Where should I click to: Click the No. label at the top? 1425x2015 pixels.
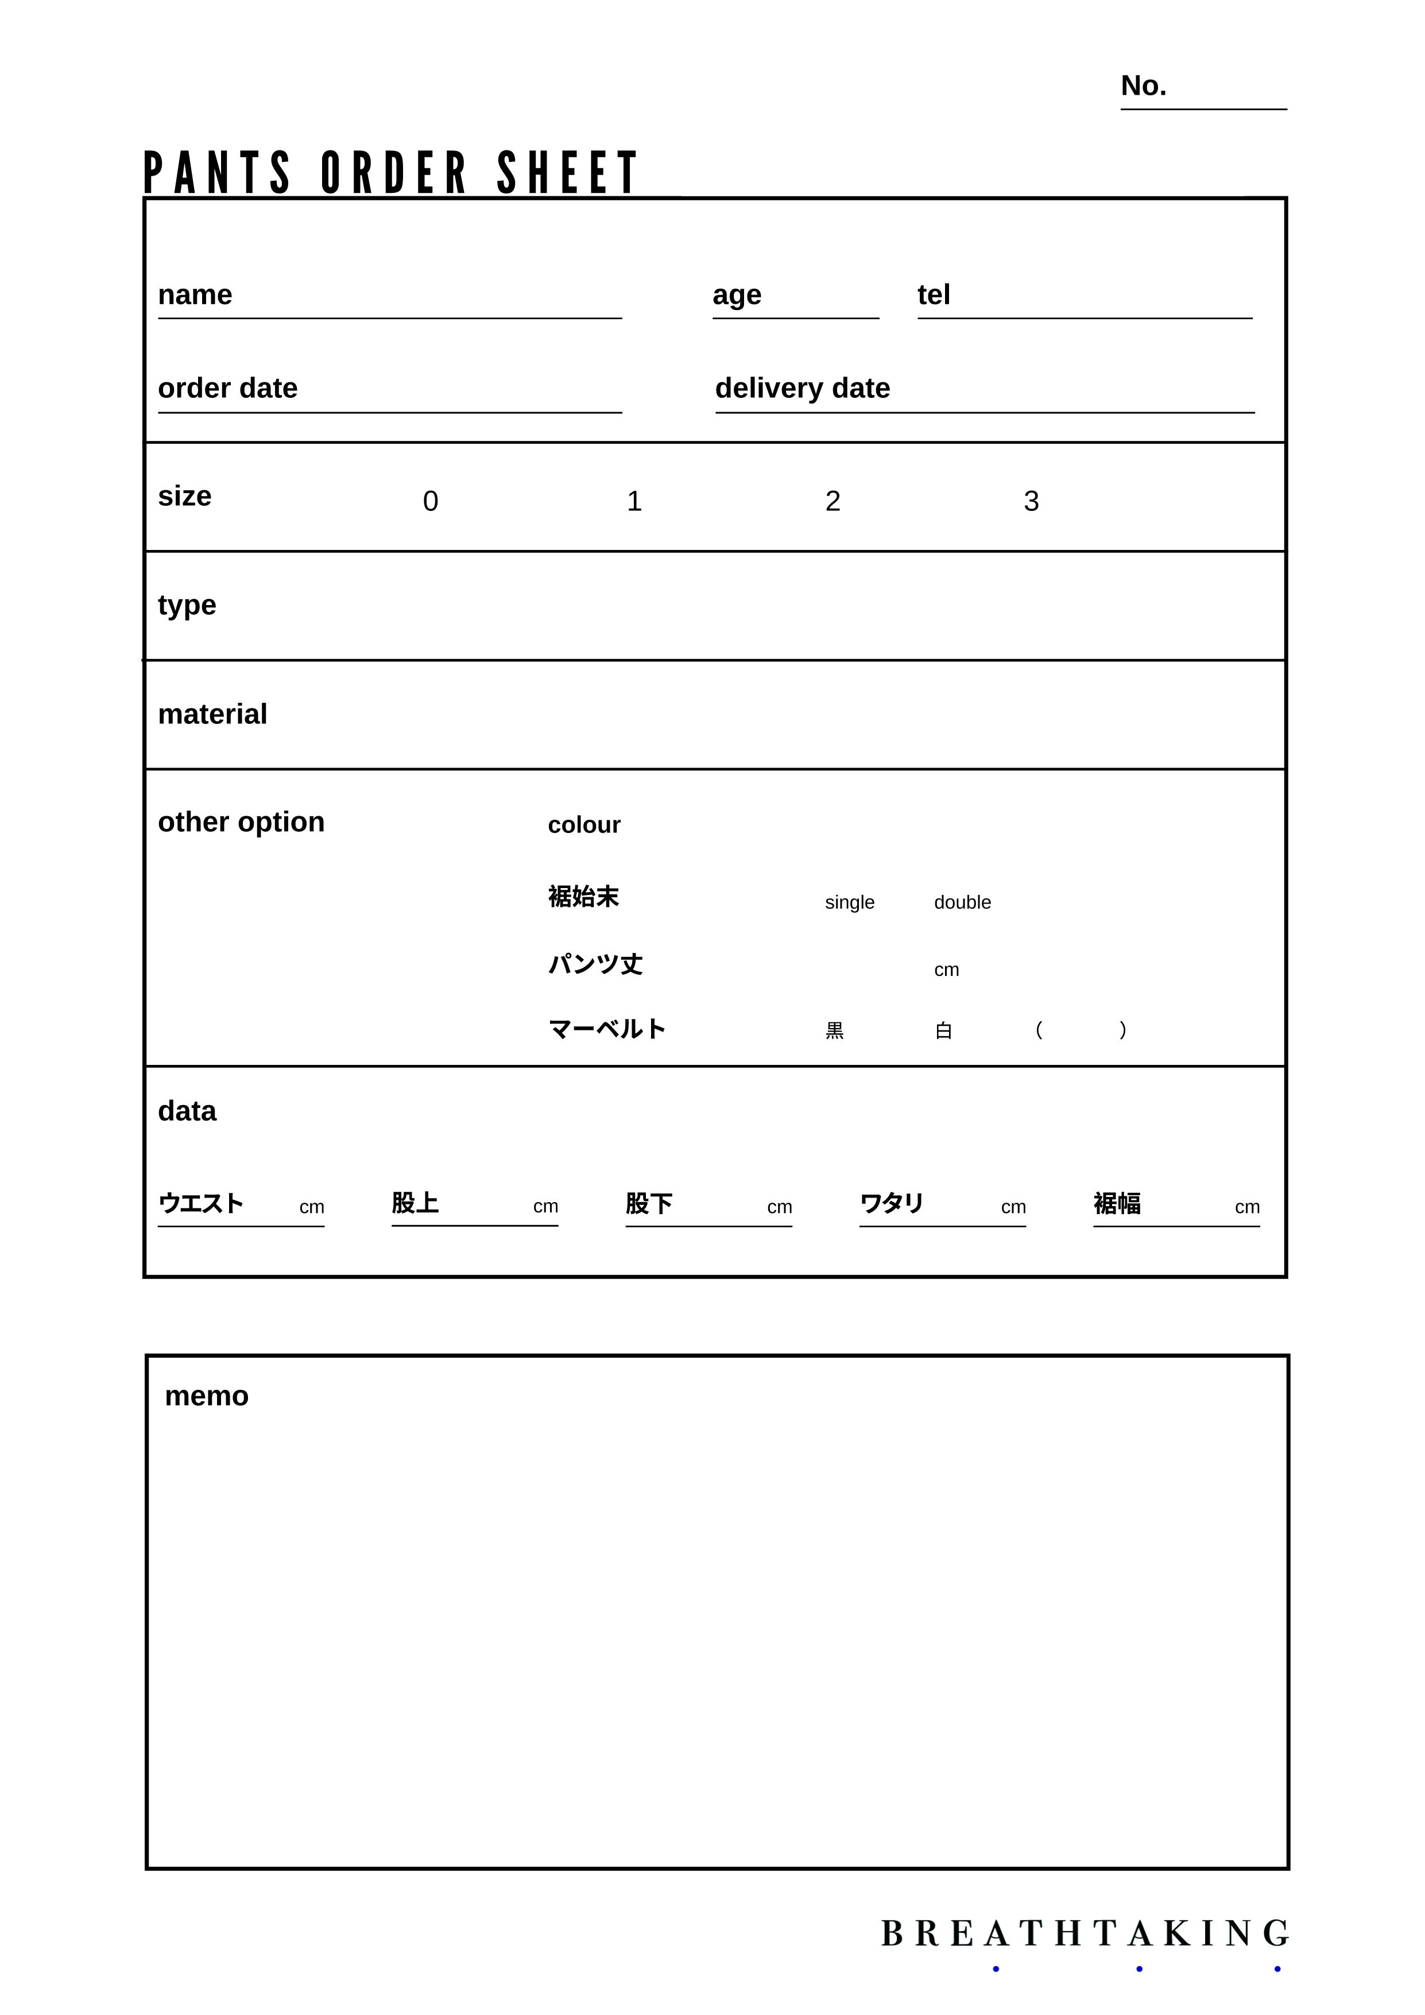[1143, 86]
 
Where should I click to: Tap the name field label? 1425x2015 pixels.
[195, 295]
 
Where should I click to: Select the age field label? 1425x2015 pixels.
[736, 296]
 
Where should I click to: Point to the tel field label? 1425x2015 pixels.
[933, 295]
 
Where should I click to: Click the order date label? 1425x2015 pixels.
[227, 388]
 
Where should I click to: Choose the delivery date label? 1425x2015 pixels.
[802, 388]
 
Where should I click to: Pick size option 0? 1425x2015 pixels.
[430, 501]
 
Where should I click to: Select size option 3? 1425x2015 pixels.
[1031, 501]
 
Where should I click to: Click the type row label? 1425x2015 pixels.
[187, 606]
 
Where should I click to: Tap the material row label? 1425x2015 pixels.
[212, 714]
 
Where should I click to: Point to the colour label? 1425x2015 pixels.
[583, 825]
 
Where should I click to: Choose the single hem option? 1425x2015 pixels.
[849, 902]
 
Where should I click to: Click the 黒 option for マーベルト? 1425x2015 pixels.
[834, 1030]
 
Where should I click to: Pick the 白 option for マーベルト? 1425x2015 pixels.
[943, 1030]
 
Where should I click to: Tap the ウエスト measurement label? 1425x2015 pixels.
[200, 1203]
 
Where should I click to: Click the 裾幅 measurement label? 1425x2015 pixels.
[1116, 1203]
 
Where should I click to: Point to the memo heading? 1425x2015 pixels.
[206, 1396]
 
